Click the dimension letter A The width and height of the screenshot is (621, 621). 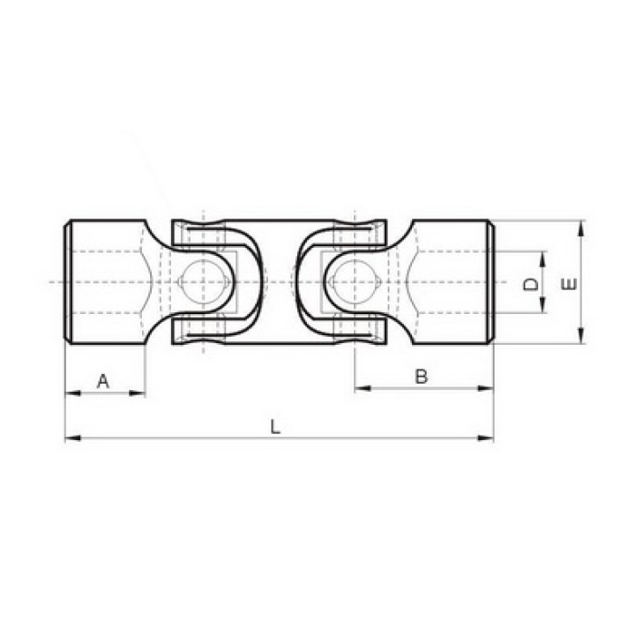(103, 381)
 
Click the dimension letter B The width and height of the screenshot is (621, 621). (422, 377)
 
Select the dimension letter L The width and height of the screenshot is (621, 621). (275, 427)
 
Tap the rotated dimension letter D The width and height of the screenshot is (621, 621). (530, 284)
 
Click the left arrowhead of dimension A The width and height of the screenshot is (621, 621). (73, 393)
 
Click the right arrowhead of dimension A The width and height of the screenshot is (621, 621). (137, 393)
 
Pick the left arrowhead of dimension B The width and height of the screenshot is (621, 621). (363, 388)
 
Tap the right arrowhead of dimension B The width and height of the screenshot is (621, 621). (486, 388)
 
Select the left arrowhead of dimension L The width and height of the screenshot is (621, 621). (73, 438)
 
